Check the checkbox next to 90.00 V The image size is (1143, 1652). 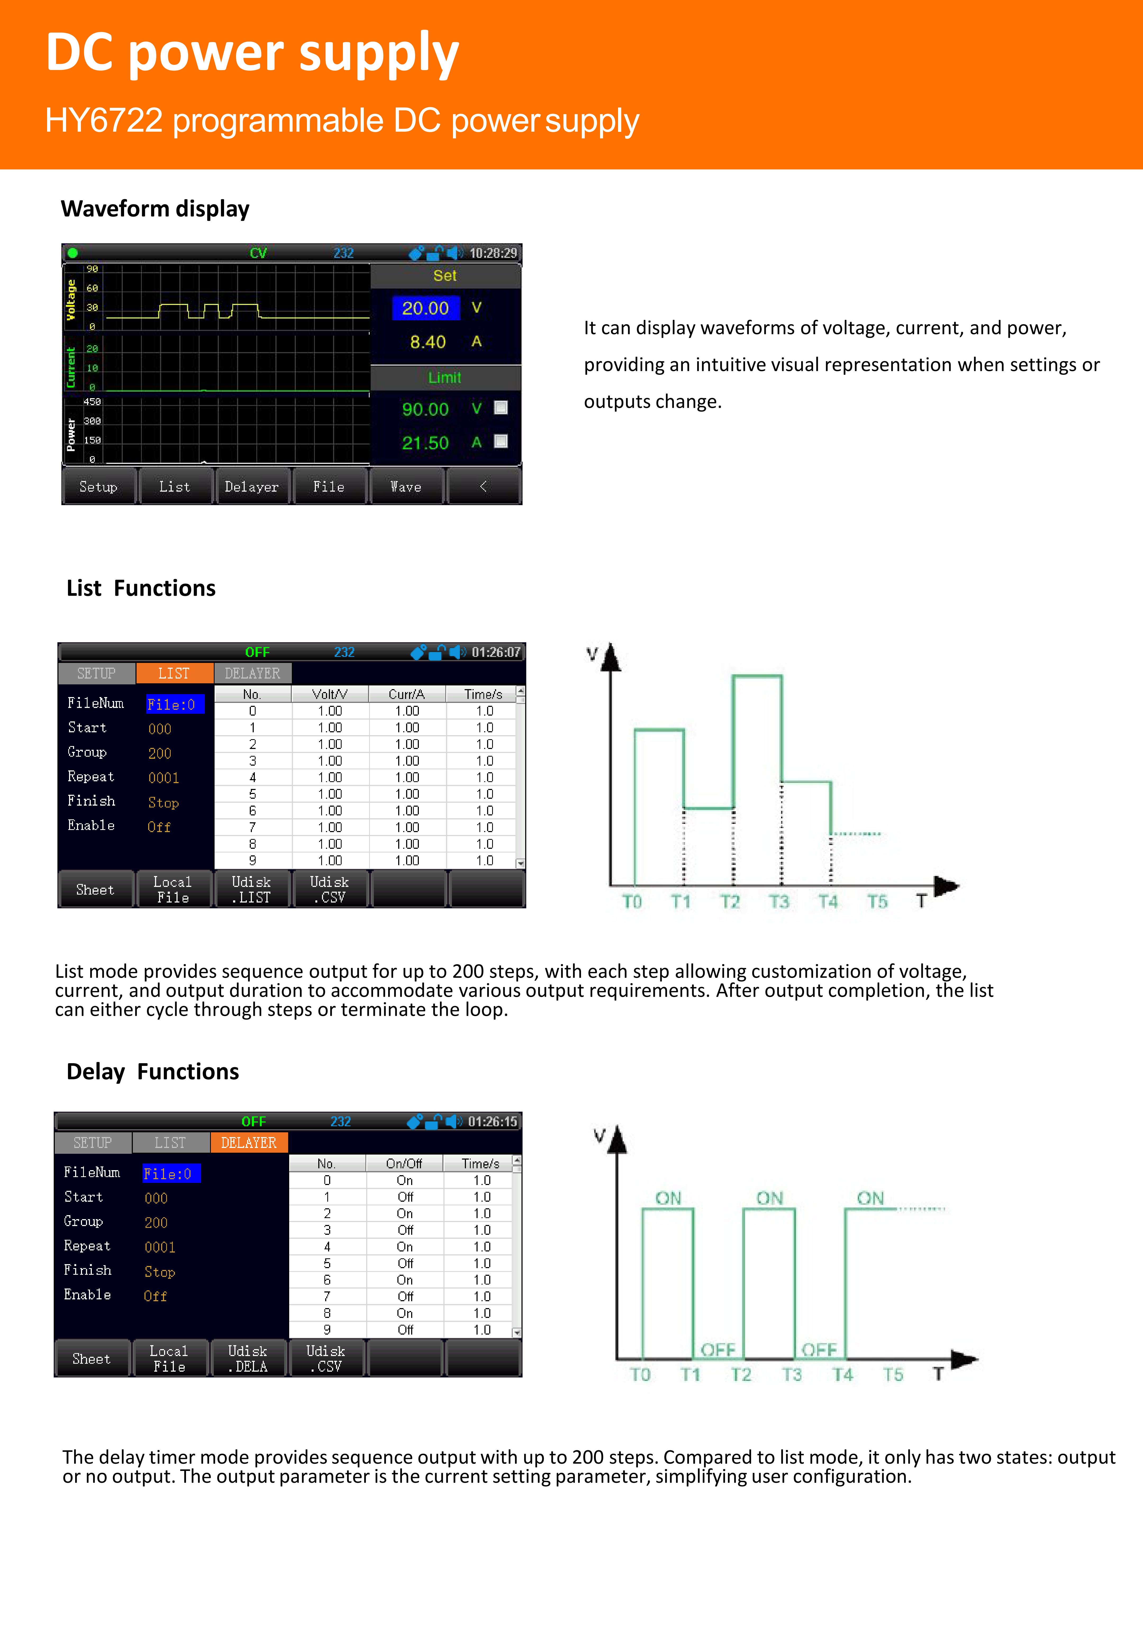501,408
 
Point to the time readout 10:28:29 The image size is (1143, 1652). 493,253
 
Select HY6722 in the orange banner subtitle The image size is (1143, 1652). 104,120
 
